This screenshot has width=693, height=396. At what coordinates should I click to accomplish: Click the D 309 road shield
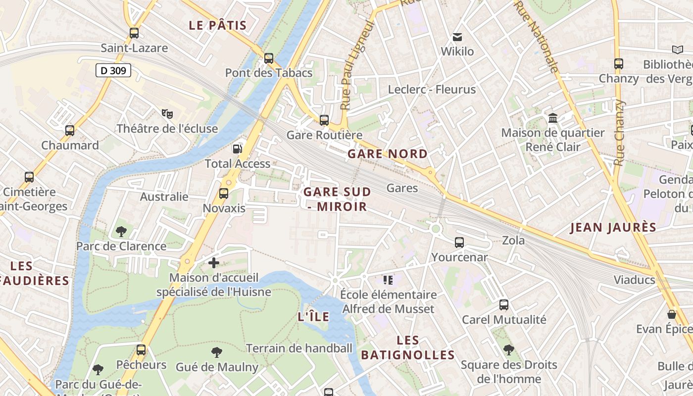pyautogui.click(x=113, y=71)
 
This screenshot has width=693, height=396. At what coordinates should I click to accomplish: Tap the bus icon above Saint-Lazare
pyautogui.click(x=134, y=33)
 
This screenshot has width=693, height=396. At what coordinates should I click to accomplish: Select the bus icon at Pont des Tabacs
pyautogui.click(x=269, y=58)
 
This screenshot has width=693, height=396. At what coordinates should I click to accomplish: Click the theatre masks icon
pyautogui.click(x=167, y=114)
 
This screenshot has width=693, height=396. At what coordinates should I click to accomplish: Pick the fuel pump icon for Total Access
pyautogui.click(x=238, y=148)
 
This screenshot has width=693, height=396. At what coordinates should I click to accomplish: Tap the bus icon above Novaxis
pyautogui.click(x=224, y=194)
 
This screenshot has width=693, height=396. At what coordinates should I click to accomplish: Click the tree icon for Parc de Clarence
pyautogui.click(x=121, y=231)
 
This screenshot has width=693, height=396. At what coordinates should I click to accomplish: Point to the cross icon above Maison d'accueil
pyautogui.click(x=214, y=263)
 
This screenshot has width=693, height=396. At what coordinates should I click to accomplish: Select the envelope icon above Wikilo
pyautogui.click(x=457, y=37)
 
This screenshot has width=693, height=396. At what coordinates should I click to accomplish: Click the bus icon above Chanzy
pyautogui.click(x=619, y=64)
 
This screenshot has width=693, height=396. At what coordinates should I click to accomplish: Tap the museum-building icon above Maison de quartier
pyautogui.click(x=553, y=118)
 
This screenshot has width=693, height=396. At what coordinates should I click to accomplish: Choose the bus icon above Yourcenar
pyautogui.click(x=459, y=243)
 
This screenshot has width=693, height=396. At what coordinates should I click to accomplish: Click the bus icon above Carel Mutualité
pyautogui.click(x=504, y=305)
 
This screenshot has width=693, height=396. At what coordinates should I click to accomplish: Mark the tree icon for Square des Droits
pyautogui.click(x=508, y=350)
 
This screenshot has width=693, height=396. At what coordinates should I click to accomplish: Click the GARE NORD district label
pyautogui.click(x=388, y=154)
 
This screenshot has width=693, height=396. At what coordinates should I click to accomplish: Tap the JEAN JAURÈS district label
pyautogui.click(x=613, y=228)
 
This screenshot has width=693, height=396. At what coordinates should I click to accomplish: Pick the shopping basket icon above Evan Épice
pyautogui.click(x=672, y=314)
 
